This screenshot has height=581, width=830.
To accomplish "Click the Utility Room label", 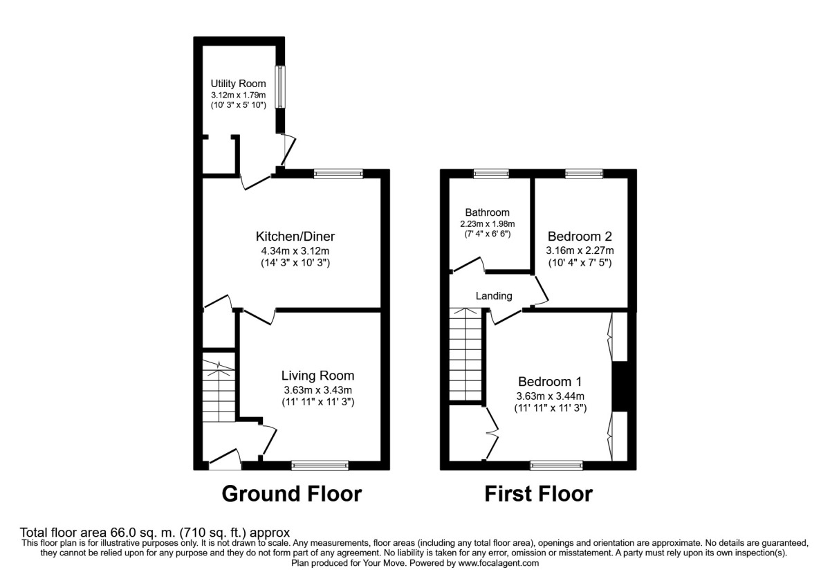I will pyautogui.click(x=238, y=84).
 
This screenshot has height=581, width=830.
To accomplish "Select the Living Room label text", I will pyautogui.click(x=317, y=376).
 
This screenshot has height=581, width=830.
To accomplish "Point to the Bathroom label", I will pyautogui.click(x=487, y=212).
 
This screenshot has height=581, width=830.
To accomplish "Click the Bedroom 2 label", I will pyautogui.click(x=580, y=235).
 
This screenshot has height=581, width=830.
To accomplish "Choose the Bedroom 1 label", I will pyautogui.click(x=550, y=381).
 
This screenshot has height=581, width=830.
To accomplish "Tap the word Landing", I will pyautogui.click(x=494, y=296).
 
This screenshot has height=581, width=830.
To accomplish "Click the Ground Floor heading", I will pyautogui.click(x=291, y=494).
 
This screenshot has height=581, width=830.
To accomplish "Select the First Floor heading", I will pyautogui.click(x=538, y=494).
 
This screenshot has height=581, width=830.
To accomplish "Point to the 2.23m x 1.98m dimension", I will pyautogui.click(x=487, y=224).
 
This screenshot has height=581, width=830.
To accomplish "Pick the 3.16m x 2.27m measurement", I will pyautogui.click(x=580, y=250).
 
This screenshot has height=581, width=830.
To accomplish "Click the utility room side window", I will pyautogui.click(x=280, y=86).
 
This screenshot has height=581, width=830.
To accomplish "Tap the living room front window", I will pyautogui.click(x=320, y=465).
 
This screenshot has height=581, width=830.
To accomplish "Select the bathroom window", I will pyautogui.click(x=491, y=174).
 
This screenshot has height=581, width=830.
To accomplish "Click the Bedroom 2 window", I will pyautogui.click(x=583, y=174).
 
